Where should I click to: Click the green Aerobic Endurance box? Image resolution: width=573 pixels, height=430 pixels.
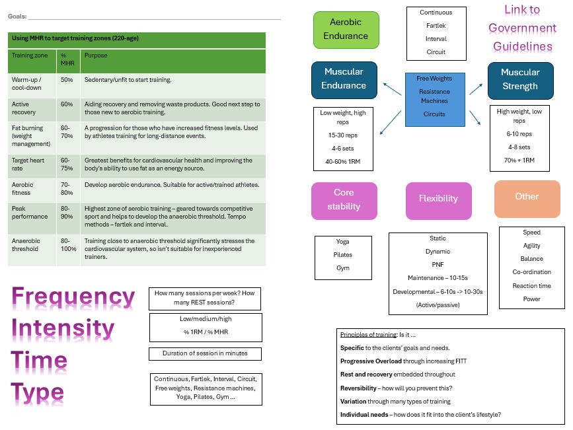pos(346,30)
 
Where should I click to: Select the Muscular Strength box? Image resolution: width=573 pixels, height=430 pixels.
pos(519,79)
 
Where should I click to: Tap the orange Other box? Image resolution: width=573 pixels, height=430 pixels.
pos(527,197)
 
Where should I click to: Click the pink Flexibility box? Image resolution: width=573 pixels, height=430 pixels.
pos(438,199)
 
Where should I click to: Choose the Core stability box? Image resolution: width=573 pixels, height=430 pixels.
pos(344,199)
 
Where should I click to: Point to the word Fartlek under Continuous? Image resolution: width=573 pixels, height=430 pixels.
pos(436,26)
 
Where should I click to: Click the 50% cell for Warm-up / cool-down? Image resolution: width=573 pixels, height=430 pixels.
pos(67,79)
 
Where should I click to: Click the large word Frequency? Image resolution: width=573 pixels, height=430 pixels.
pos(73,298)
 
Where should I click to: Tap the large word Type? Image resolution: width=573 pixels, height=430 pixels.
pos(38,393)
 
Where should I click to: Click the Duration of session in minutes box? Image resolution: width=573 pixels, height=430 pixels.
pos(205,353)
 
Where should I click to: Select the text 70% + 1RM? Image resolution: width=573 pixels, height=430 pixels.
pos(519,161)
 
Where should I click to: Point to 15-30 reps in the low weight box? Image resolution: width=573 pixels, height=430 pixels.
pos(342,135)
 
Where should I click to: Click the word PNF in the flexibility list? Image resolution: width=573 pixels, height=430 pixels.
pos(438,265)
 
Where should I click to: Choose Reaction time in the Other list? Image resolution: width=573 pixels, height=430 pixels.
pos(531,286)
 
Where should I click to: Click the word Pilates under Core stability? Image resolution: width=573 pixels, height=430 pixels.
pos(343,255)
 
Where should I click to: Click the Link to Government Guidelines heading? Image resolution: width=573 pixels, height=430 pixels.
pos(522,28)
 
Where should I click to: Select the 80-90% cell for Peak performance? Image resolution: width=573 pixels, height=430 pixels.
pos(67,213)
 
